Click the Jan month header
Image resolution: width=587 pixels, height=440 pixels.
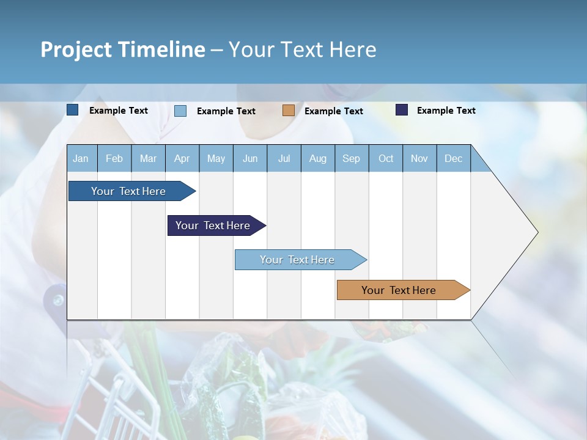pos(81,158)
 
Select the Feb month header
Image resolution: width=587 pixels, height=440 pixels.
pos(114,158)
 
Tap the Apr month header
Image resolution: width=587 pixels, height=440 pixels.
pos(182,158)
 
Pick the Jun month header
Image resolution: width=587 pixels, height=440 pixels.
pos(250,158)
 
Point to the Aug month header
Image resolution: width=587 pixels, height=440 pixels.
pos(317,158)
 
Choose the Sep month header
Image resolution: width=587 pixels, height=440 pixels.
pos(351,158)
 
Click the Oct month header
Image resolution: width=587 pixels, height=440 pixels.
pos(386,158)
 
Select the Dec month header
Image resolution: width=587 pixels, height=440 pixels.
pos(453,158)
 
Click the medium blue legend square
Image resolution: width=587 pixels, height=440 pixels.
pos(73,110)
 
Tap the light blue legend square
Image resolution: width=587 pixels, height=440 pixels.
pos(180,111)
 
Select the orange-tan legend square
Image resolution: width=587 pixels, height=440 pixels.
pos(289,111)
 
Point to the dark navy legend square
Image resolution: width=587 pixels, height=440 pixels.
pos(402,110)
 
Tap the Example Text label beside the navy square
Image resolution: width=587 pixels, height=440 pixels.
pos(446,110)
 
